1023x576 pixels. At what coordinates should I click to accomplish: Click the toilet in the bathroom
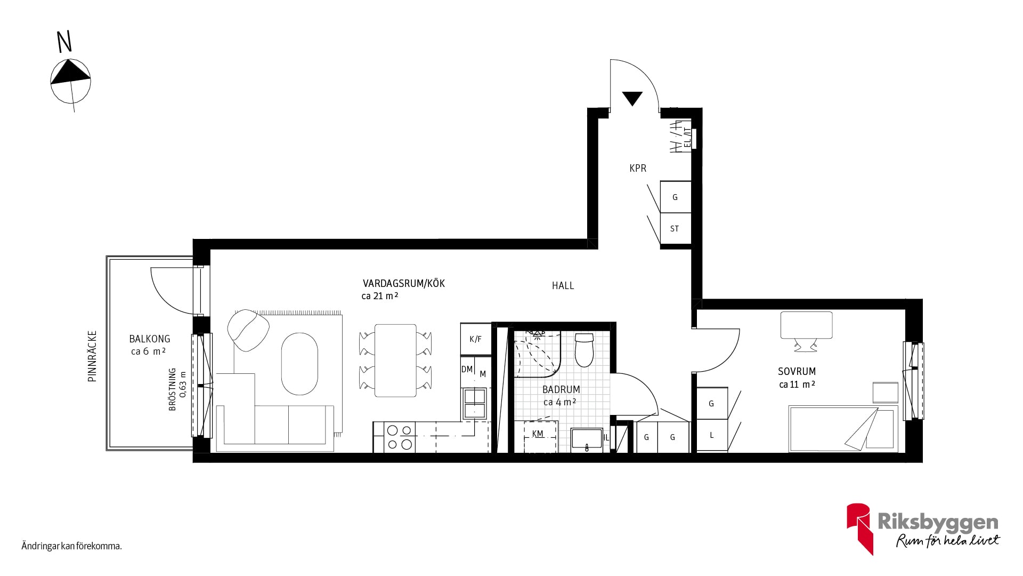coord(584,350)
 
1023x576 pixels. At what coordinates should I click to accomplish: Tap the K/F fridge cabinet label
coord(475,339)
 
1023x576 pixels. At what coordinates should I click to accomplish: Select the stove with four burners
coord(400,437)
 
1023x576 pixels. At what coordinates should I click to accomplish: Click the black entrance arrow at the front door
coord(632,99)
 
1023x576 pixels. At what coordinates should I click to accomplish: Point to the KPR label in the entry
coord(638,168)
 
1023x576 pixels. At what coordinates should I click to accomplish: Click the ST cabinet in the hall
coord(675,229)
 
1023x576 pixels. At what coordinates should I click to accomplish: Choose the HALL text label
coord(563,286)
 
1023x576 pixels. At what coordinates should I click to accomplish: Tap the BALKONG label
coord(150,339)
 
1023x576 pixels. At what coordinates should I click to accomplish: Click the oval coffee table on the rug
coord(299,364)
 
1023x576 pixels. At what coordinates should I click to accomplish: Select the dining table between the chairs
coord(395,361)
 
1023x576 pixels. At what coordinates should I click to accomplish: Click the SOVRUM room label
coord(797,371)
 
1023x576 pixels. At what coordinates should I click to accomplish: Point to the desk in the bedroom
coord(806,325)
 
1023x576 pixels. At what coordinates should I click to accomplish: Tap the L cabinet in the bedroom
coord(712,435)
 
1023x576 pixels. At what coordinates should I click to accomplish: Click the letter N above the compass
coord(64,42)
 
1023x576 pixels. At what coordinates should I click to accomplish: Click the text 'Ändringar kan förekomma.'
coord(72,546)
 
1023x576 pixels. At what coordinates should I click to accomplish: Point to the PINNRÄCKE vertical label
coord(92,356)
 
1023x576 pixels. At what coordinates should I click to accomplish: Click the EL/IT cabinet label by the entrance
coord(687,138)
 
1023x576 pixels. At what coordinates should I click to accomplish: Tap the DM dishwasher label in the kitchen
coord(467,369)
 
